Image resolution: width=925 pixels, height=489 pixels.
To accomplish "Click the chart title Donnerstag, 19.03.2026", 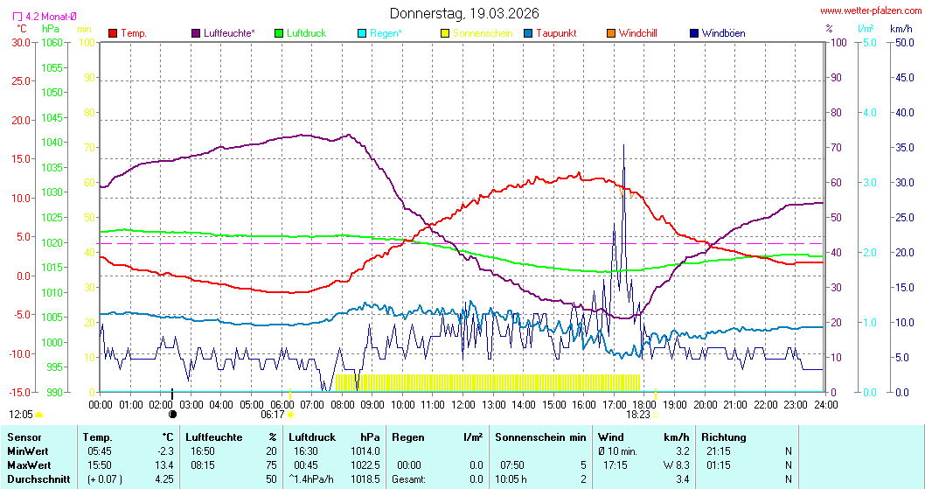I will click(464, 13).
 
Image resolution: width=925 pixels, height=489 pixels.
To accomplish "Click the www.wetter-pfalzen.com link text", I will click(869, 11).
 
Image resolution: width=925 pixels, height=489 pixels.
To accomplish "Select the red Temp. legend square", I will click(113, 33).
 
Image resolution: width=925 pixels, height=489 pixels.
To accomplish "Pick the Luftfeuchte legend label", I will click(229, 33).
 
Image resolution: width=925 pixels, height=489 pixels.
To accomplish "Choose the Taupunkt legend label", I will click(556, 33).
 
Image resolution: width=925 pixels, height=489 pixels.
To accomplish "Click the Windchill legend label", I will click(637, 33).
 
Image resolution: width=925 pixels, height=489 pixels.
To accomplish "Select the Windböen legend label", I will click(723, 33).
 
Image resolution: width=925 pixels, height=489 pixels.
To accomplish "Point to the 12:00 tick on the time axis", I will click(463, 405).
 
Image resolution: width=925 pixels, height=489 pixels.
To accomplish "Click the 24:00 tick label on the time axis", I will click(826, 405).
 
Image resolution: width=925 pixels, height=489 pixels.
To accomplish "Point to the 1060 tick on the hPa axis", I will click(52, 42).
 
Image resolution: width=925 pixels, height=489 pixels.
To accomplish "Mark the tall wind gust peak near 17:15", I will click(623, 146).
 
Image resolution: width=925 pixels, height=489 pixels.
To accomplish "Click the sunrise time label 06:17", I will click(274, 415).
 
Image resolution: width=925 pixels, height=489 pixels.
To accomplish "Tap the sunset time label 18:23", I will click(637, 415).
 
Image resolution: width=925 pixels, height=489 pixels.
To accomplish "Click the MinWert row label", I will click(28, 451).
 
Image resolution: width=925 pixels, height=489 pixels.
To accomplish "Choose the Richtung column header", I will click(724, 437).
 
